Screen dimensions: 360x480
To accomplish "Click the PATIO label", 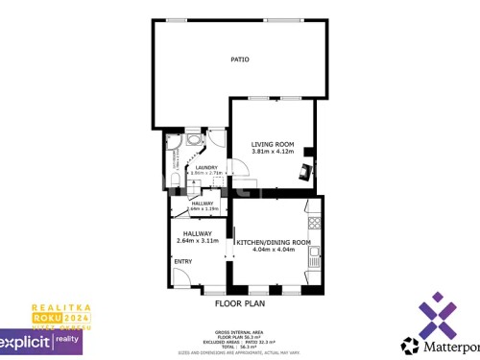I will tap(239, 60).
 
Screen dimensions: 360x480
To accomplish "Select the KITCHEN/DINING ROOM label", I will tap(274, 243).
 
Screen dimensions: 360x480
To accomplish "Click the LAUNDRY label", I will tap(206, 167).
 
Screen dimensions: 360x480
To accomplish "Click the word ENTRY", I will tap(182, 260).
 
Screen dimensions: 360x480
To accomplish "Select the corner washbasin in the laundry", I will tap(195, 139).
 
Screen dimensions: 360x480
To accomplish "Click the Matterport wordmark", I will tap(442, 345).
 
